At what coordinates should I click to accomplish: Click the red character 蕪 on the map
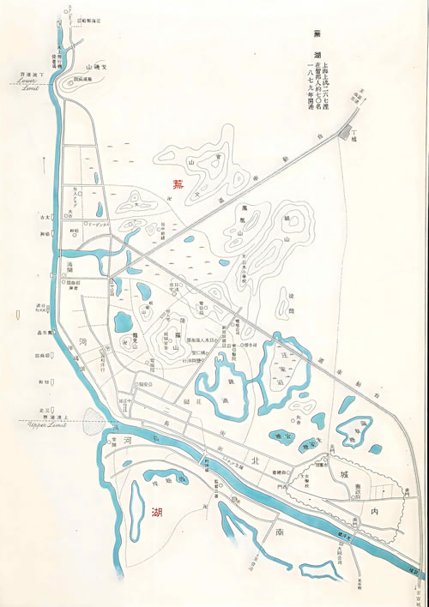178,183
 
